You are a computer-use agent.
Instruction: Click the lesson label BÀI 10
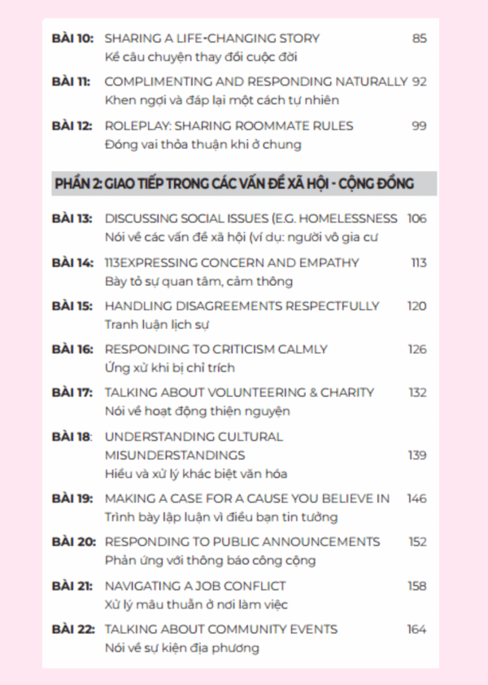coord(72,38)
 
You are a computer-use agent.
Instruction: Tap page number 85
coord(419,38)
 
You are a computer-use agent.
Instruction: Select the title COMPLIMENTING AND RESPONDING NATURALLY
coord(255,81)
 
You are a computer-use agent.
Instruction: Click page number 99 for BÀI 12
coord(419,125)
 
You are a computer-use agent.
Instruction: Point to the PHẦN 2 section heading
coord(233,184)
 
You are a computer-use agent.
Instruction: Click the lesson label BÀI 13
coord(72,218)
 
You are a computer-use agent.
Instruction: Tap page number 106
coord(416,218)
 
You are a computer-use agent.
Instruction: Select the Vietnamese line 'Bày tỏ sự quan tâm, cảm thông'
coord(198,281)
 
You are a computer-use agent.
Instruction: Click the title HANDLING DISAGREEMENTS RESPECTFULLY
coord(242,306)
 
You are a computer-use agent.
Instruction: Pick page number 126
coord(416,349)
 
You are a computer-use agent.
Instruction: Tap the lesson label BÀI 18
coord(72,437)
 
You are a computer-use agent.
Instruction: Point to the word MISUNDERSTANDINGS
coord(175,454)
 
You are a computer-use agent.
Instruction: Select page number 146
coord(416,498)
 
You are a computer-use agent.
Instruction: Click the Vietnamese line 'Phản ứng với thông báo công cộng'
coord(210,560)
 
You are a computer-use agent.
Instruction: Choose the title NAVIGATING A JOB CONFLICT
coord(194,586)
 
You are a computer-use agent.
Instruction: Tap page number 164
coord(416,629)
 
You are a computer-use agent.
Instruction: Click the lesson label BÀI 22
coord(72,629)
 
